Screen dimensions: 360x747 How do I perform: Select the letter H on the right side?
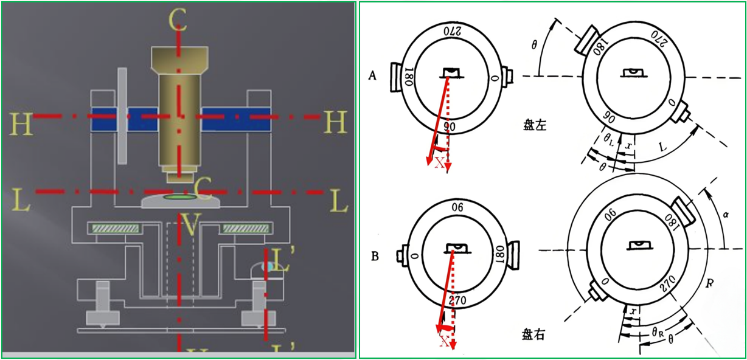335,123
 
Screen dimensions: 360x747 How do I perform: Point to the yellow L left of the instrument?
21,201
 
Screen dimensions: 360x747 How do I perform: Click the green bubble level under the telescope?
180,197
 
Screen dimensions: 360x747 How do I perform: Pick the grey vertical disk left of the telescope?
122,116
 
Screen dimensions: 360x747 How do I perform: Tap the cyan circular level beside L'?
267,266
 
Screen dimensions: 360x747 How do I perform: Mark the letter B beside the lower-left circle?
374,256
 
